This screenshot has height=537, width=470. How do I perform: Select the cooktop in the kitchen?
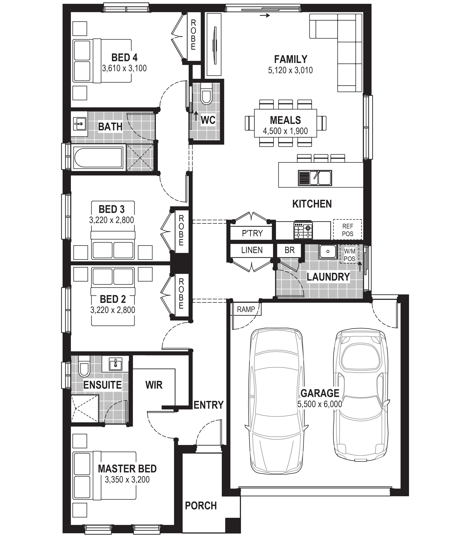tap(303, 230)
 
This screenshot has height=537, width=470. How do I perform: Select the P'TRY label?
tap(252, 233)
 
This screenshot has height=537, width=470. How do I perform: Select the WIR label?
tap(154, 385)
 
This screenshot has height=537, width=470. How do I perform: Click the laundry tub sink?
tap(328, 252)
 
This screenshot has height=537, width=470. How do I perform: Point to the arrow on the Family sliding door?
tap(265, 16)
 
